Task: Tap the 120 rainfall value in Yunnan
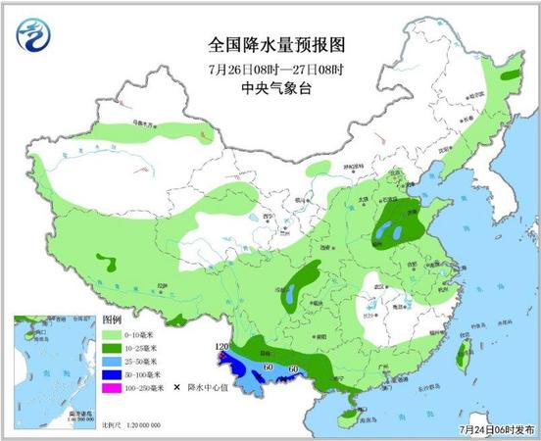pyautogui.click(x=221, y=348)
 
